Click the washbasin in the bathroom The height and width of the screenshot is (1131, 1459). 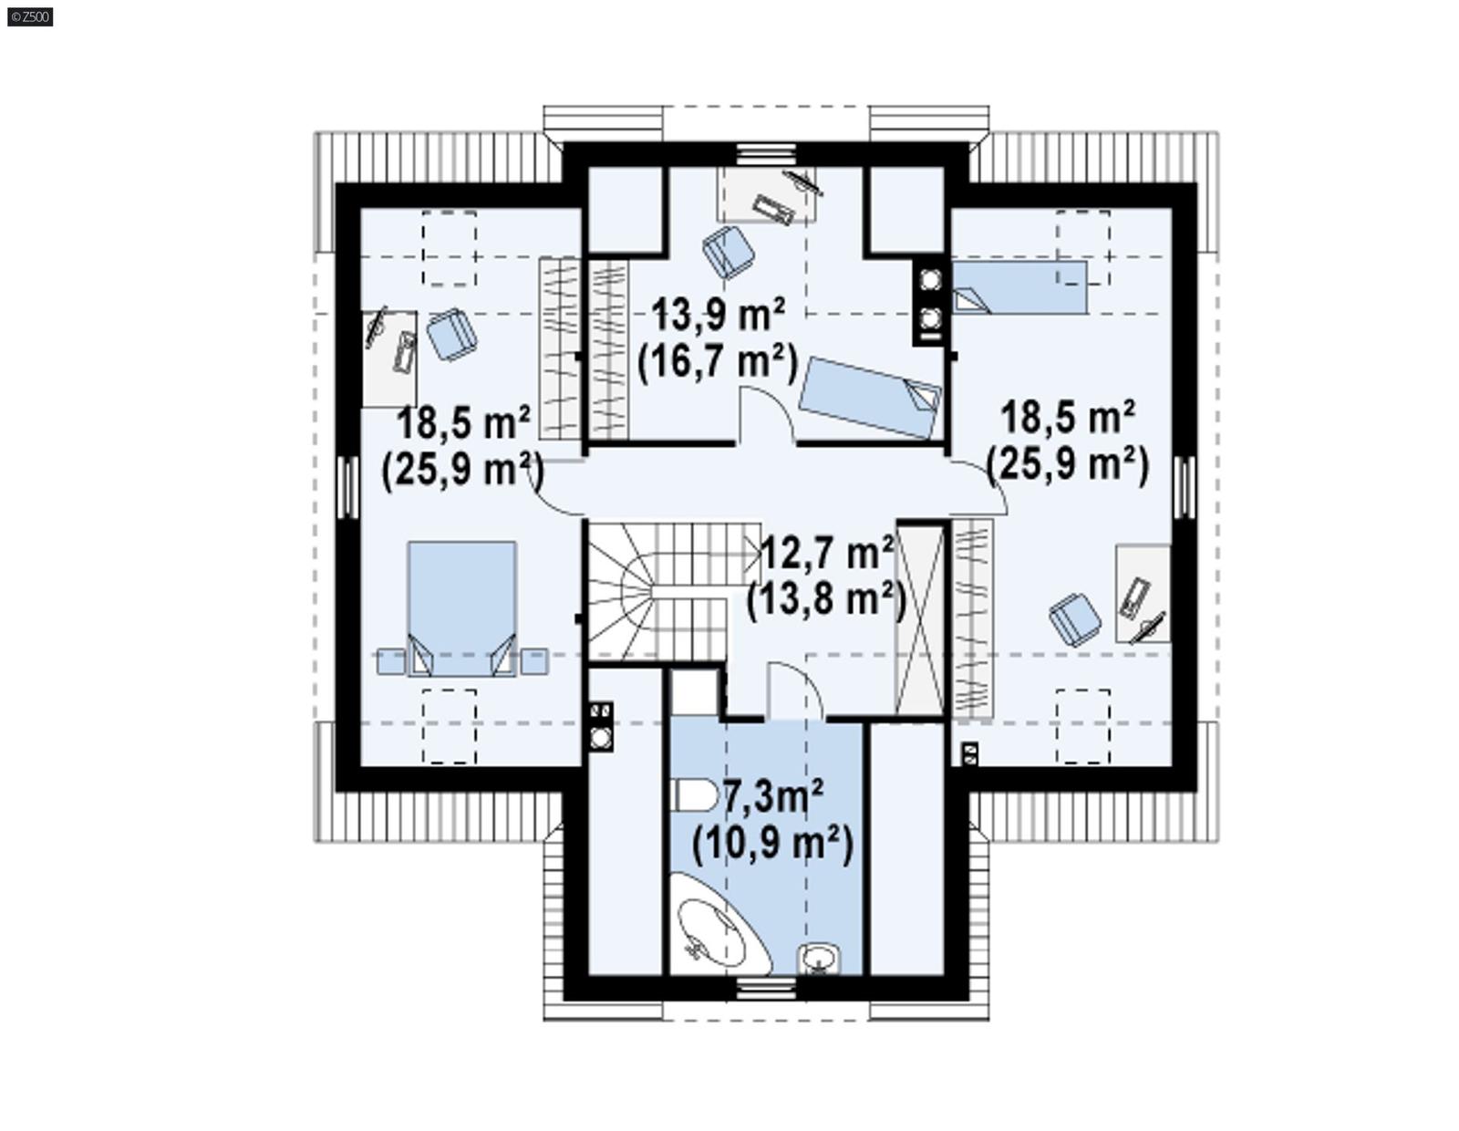(x=819, y=958)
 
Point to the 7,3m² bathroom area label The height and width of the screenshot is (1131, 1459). (x=773, y=797)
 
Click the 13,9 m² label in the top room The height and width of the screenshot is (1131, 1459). (x=718, y=316)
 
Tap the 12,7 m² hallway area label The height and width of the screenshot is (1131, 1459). (x=825, y=553)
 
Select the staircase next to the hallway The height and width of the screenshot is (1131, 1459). (x=657, y=588)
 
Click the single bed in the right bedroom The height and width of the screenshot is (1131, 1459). (x=1019, y=287)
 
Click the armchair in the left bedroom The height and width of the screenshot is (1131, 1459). (x=451, y=334)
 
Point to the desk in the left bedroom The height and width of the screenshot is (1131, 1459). (x=390, y=358)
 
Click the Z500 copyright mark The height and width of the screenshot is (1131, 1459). (x=30, y=16)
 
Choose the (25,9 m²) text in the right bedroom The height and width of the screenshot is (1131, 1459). (x=1067, y=464)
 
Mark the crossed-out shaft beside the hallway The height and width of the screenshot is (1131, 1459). (x=920, y=620)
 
